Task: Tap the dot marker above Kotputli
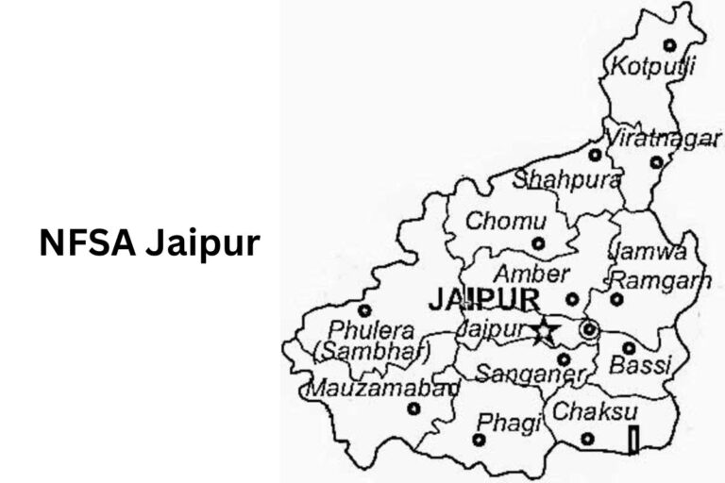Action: (669, 44)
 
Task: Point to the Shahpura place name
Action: (567, 179)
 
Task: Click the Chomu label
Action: (508, 223)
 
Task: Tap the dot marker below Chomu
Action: (538, 243)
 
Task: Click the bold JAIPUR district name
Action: (484, 300)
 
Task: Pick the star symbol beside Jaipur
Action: (545, 330)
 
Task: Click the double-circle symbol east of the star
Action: (590, 329)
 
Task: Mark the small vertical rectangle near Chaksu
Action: (633, 440)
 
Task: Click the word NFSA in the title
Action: (88, 243)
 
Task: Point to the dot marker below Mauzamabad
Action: (413, 408)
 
